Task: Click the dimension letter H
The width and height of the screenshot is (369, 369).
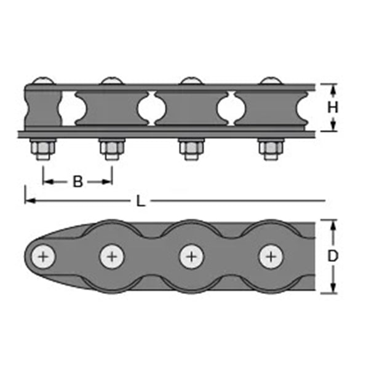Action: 333,107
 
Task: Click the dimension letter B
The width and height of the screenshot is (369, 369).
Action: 78,181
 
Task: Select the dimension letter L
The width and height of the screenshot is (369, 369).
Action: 141,202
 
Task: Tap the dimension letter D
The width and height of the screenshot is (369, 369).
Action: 333,256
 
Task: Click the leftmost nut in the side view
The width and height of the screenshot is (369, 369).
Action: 43,149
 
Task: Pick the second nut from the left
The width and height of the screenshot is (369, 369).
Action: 112,149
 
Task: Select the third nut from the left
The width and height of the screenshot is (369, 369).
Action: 191,149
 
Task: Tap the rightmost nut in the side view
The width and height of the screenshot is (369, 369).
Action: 271,149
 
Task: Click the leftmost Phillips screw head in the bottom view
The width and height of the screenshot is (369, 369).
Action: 43,256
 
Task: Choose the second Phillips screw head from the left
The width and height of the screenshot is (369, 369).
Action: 112,256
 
